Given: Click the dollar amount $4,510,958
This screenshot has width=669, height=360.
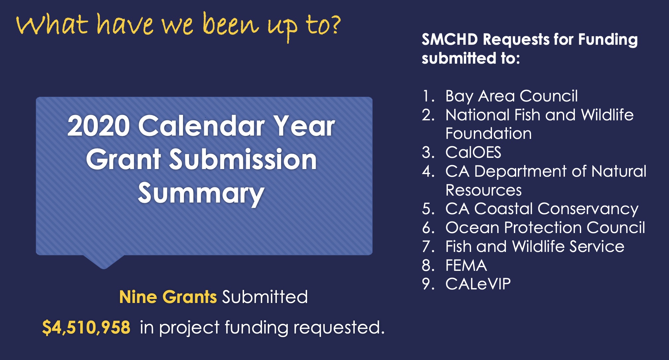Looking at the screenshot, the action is click(x=86, y=328).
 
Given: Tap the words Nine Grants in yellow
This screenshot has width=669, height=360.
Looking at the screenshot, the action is click(x=168, y=297).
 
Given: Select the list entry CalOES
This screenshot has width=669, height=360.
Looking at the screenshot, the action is click(x=473, y=152).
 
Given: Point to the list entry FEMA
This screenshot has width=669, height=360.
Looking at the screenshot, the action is click(x=466, y=266).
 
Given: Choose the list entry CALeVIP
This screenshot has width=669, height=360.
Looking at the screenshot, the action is click(x=478, y=284).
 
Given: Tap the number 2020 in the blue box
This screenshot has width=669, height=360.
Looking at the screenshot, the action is click(x=98, y=126).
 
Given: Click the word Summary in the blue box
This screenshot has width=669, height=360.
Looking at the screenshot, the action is click(x=201, y=194).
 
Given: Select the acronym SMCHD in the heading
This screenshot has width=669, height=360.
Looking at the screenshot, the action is click(x=450, y=39).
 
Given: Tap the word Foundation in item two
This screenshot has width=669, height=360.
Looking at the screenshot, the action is click(x=488, y=134).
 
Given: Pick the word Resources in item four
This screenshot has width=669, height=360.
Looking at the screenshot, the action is click(x=483, y=190).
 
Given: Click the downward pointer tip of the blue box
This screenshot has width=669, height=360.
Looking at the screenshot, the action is click(x=103, y=269).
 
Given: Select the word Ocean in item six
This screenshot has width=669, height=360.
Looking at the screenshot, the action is click(x=472, y=228).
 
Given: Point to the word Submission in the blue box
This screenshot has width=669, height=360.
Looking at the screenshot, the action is click(x=243, y=160).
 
